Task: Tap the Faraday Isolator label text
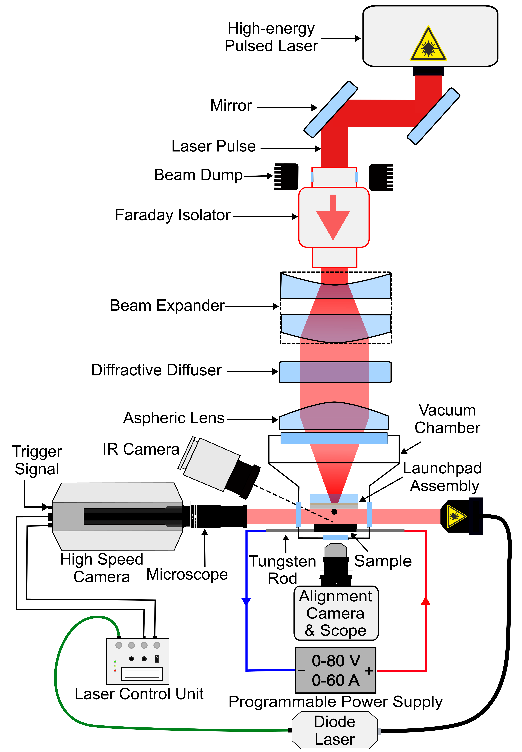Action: click(x=173, y=215)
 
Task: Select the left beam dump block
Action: click(x=286, y=177)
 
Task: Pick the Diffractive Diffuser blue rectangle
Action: click(x=335, y=372)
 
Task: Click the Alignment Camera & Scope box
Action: click(x=336, y=613)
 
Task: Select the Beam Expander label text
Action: click(x=167, y=305)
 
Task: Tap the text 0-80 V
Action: click(x=336, y=661)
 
